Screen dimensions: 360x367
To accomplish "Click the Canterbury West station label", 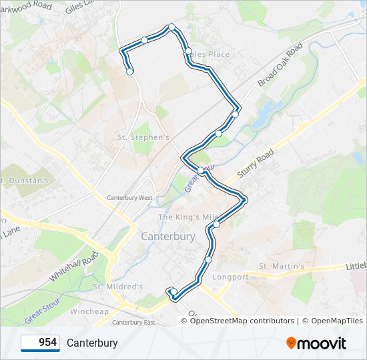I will click(130, 198).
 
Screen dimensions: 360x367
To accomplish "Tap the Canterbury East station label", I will click(133, 323).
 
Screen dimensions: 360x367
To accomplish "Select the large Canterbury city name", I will click(168, 237).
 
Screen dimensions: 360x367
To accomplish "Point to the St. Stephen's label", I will click(143, 137).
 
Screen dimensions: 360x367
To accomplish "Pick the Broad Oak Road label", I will click(280, 65).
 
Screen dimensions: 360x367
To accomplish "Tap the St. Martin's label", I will click(282, 267).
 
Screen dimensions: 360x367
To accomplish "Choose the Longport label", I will click(230, 277).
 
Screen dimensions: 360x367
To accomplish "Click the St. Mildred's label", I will click(118, 287).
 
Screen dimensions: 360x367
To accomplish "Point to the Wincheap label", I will click(89, 311).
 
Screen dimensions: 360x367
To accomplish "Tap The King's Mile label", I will click(188, 217).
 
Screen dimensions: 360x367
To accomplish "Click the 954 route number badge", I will click(41, 343).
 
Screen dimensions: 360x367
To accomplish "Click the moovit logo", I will click(316, 343).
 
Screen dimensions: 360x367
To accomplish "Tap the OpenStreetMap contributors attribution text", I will click(242, 321).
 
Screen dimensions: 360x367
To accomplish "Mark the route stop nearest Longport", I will click(209, 259).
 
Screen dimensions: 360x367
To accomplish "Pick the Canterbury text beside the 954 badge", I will click(92, 343).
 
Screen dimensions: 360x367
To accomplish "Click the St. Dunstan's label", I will click(25, 180).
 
